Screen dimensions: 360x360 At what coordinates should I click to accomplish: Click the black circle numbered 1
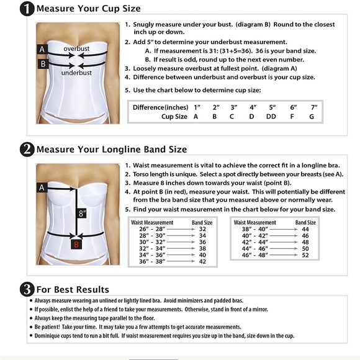(x=27, y=9)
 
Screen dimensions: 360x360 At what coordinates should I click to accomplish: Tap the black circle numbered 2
(x=27, y=150)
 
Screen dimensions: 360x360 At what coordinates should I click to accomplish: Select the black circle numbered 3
(x=27, y=289)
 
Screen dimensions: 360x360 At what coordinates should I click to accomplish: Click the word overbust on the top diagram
(x=76, y=48)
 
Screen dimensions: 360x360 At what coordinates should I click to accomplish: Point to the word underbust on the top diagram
(x=76, y=73)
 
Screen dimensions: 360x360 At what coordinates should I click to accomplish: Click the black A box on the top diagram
(x=42, y=49)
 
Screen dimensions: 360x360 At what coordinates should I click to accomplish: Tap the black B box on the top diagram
(x=43, y=64)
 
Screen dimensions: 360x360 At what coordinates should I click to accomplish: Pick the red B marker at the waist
(x=76, y=245)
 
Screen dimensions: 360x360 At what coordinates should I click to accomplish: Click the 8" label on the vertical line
(x=82, y=214)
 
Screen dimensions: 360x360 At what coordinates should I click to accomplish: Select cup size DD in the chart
(x=271, y=117)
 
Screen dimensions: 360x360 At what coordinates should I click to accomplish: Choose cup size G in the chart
(x=312, y=117)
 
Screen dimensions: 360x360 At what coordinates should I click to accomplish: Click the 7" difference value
(x=314, y=107)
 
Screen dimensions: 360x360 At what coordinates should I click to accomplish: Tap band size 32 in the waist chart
(x=202, y=229)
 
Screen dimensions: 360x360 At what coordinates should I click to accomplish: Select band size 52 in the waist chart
(x=305, y=255)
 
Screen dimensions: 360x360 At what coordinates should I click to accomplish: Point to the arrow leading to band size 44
(x=284, y=229)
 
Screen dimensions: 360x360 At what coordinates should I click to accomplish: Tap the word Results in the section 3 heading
(x=93, y=289)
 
